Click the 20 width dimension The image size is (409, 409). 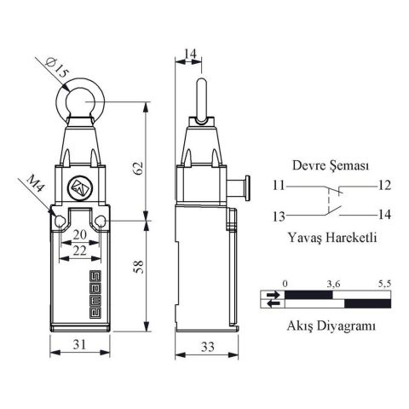[78, 235]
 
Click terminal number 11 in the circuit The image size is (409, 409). [279, 185]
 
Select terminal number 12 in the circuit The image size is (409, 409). [384, 185]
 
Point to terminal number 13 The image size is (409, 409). [279, 216]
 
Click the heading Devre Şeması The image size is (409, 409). [331, 167]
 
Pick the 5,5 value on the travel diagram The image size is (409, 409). [383, 282]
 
